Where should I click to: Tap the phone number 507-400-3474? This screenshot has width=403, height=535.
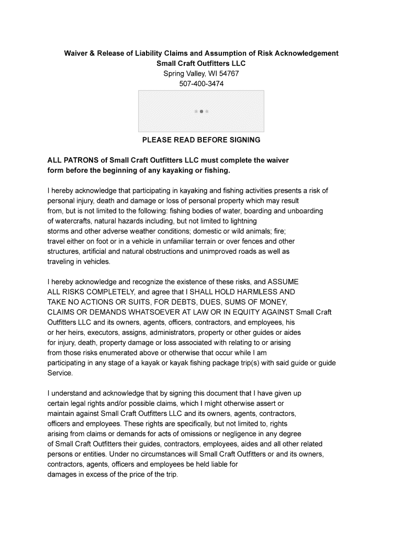pos(201,83)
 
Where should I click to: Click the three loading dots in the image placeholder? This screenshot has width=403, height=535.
pos(201,111)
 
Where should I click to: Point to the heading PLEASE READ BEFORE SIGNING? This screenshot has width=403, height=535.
pos(201,140)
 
